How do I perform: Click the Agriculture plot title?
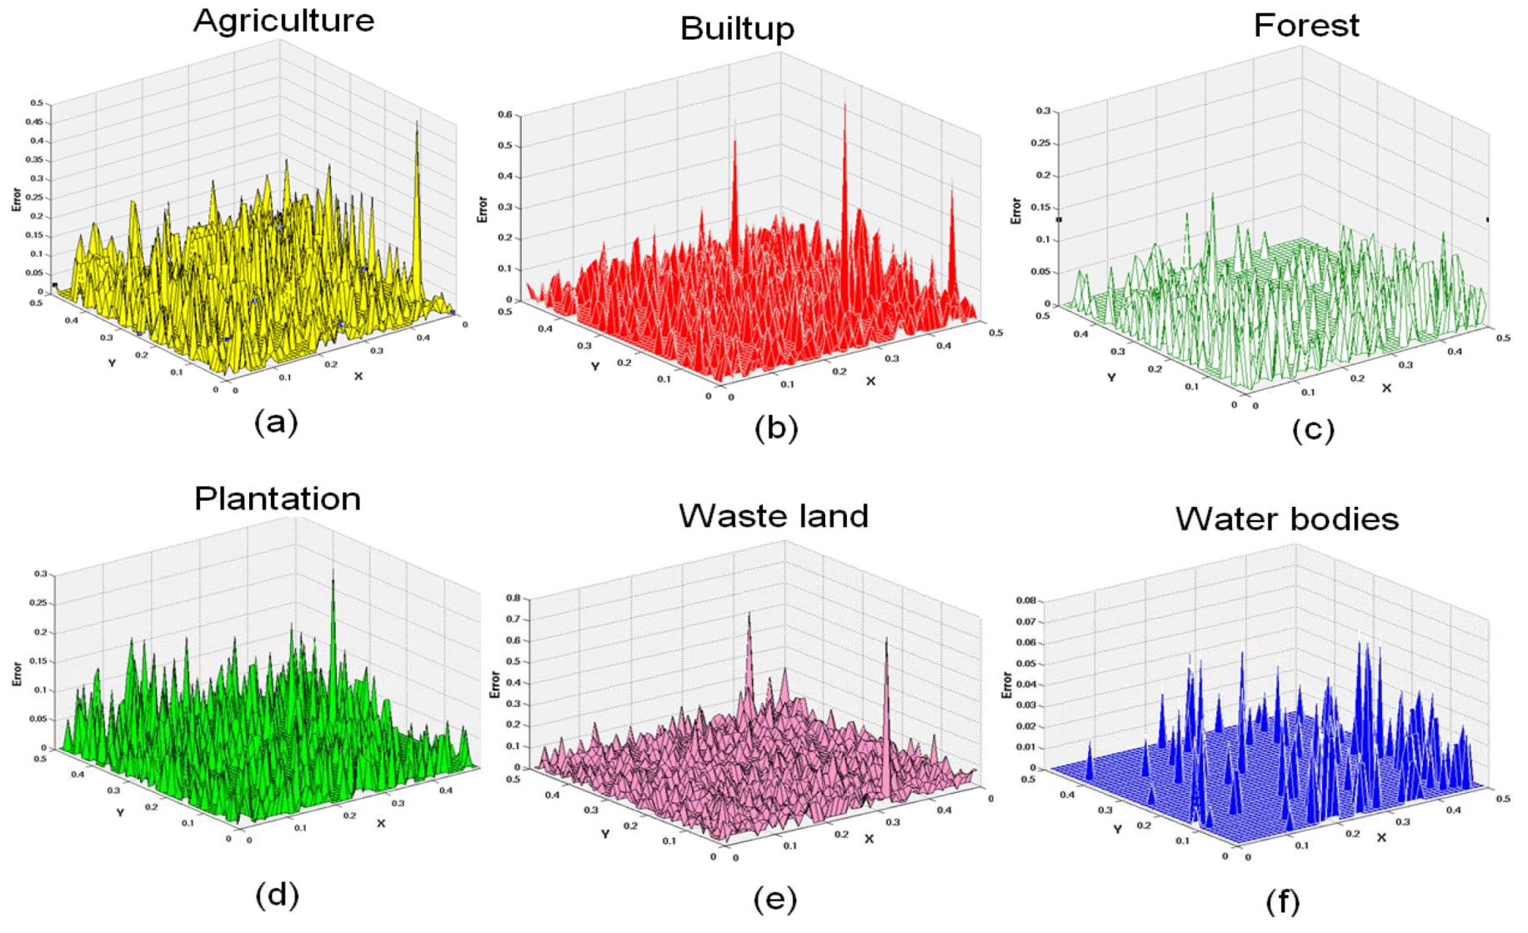point(283,21)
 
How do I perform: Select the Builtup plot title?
point(737,28)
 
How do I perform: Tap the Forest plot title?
point(1305,26)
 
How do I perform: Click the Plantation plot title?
point(277,499)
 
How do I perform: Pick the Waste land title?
point(773,516)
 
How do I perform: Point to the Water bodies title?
point(1286,519)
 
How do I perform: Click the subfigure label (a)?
point(276,422)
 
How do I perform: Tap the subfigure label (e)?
point(774,899)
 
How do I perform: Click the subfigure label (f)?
point(1282,901)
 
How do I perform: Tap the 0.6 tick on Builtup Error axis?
point(505,115)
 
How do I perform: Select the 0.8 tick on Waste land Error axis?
point(513,598)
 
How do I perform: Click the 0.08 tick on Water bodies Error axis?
point(1025,600)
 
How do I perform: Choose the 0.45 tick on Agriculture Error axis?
point(37,122)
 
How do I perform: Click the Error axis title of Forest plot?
point(1015,210)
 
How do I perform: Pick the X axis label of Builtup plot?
point(870,381)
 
